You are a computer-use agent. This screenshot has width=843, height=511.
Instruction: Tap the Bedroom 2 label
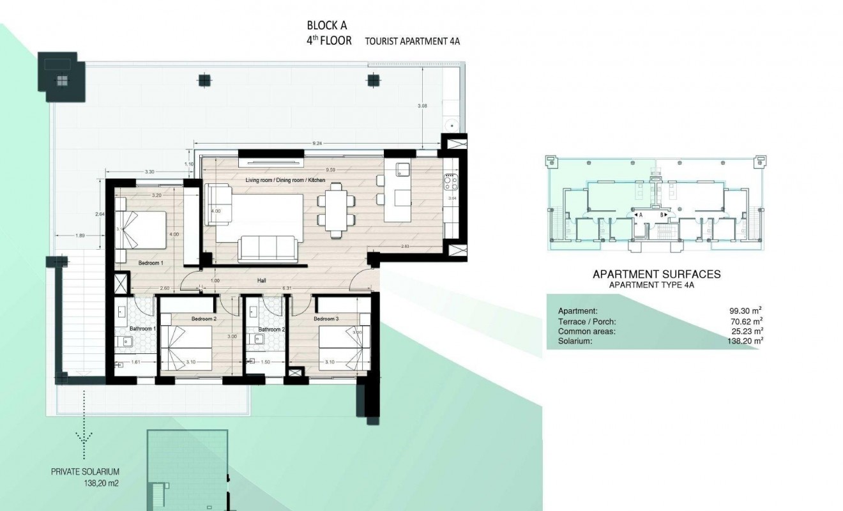tap(204, 318)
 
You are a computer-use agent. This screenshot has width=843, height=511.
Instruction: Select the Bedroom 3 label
tap(326, 318)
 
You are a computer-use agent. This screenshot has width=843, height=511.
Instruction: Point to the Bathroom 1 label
tap(142, 329)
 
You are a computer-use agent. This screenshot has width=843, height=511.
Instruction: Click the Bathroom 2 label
tap(271, 330)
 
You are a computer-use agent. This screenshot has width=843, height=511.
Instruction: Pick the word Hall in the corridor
tap(262, 280)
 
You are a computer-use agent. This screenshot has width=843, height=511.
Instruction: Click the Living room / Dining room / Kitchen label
tap(285, 181)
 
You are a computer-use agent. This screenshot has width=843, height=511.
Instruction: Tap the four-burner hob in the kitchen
tap(451, 183)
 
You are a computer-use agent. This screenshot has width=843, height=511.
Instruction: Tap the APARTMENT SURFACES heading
tap(657, 274)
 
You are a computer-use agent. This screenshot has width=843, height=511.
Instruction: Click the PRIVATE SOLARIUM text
tap(85, 473)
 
